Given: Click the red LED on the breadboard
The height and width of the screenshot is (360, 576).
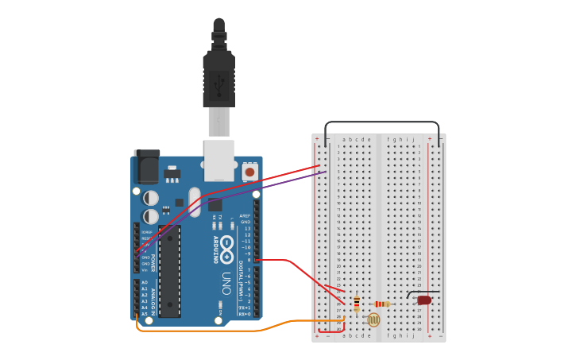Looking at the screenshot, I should pyautogui.click(x=424, y=300).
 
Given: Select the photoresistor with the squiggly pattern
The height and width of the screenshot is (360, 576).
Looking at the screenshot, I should pyautogui.click(x=373, y=319).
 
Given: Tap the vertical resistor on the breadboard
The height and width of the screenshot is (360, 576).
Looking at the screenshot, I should pyautogui.click(x=356, y=304).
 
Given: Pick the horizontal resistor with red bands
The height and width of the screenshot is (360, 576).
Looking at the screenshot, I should pyautogui.click(x=382, y=304).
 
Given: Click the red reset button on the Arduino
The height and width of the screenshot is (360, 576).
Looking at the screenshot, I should pyautogui.click(x=249, y=171).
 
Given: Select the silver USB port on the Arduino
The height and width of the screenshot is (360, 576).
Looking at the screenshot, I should pyautogui.click(x=219, y=160).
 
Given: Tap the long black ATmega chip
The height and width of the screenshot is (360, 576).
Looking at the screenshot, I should pyautogui.click(x=169, y=271).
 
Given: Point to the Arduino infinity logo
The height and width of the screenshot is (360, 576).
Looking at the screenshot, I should pyautogui.click(x=227, y=250).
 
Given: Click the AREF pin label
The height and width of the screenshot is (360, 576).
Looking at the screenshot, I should pyautogui.click(x=245, y=215).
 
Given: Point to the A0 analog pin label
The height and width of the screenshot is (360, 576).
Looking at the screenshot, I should pyautogui.click(x=145, y=282).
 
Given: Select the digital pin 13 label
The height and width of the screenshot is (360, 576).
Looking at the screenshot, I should pyautogui.click(x=246, y=228).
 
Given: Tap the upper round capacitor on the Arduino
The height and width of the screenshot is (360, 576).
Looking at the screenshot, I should pyautogui.click(x=150, y=198).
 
